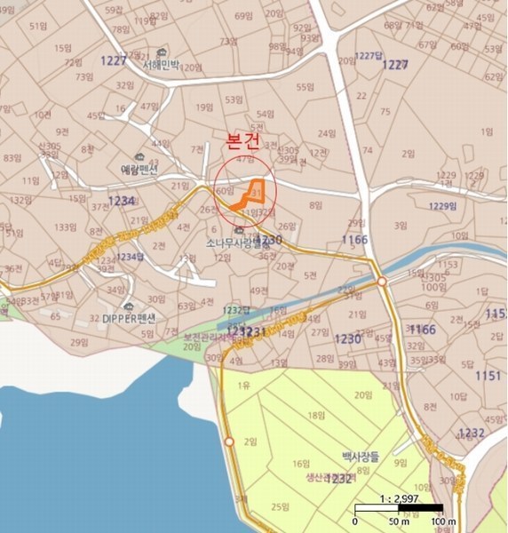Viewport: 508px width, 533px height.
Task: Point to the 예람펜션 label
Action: pos(139,168)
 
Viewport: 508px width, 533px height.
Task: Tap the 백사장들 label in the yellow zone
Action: pos(361,457)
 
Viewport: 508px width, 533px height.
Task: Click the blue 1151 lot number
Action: pos(488,376)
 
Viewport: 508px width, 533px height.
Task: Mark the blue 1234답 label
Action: pos(130,257)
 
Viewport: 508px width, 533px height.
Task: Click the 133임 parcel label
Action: pos(65,227)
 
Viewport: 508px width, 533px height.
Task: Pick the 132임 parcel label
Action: pos(20,200)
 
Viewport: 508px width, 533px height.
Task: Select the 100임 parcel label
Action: pos(433,287)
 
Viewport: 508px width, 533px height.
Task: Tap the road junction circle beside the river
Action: pos(381,281)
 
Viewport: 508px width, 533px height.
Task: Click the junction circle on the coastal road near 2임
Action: pos(229,442)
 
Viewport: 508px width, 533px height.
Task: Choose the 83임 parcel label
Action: pos(12,158)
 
